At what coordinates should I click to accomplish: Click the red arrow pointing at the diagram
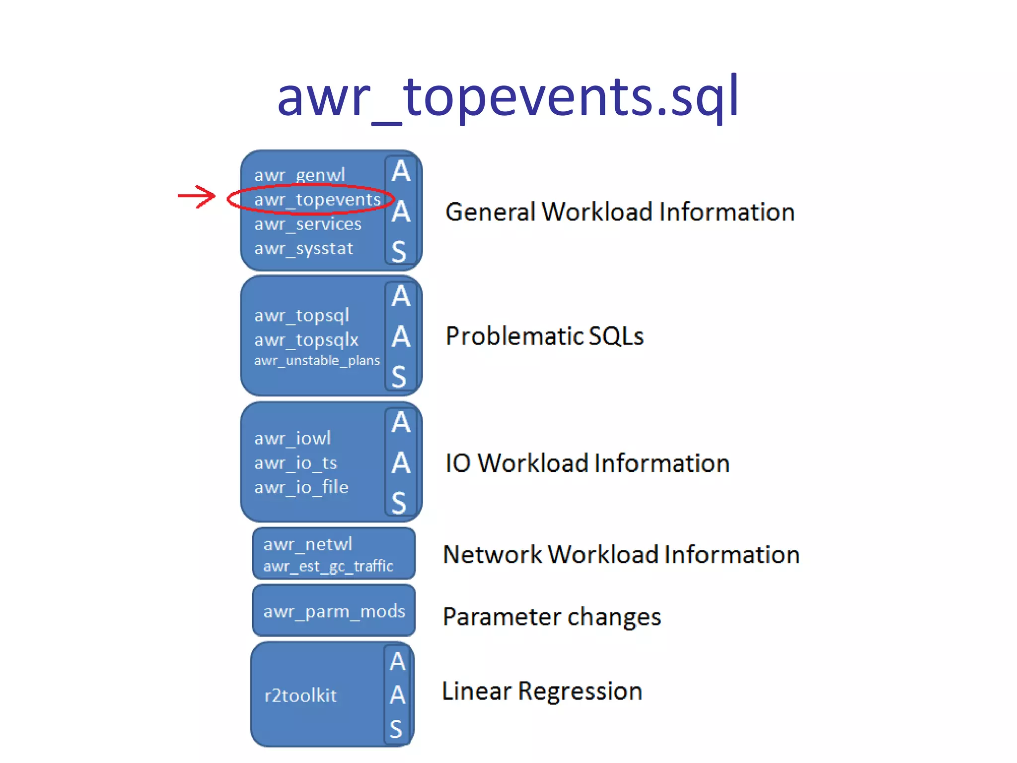tap(197, 197)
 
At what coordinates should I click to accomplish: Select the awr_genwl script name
tap(299, 175)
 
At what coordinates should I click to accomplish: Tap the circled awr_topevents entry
tap(317, 200)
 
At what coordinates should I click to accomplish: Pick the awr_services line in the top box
tap(308, 224)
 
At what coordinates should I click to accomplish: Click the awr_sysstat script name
tap(303, 248)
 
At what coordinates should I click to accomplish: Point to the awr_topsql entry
tap(301, 315)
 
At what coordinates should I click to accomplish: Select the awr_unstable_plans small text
tap(317, 361)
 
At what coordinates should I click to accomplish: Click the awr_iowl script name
tap(292, 438)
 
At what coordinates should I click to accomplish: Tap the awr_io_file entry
tap(301, 487)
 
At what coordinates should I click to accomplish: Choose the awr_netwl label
tap(307, 544)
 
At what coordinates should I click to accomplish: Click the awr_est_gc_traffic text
tap(328, 566)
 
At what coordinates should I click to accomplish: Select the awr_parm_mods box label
tap(334, 611)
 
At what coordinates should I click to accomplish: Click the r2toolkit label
tap(300, 695)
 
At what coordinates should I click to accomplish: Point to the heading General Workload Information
tap(620, 212)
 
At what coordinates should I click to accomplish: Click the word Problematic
tap(513, 336)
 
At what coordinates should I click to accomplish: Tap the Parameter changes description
tap(551, 617)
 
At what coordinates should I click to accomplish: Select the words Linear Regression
tap(542, 691)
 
